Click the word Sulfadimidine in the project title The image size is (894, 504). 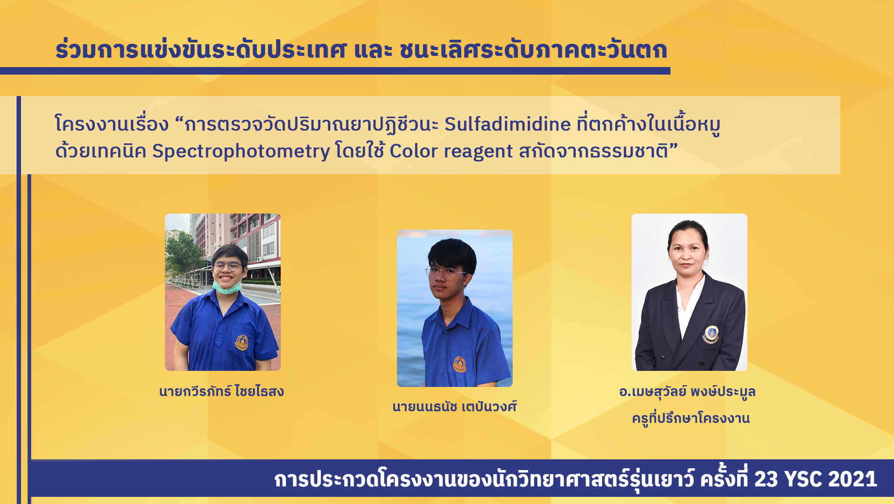[x=507, y=124]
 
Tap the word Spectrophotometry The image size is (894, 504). [x=241, y=152]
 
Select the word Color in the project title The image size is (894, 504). [x=413, y=151]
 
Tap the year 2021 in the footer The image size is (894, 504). [x=852, y=479]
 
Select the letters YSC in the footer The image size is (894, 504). [x=803, y=479]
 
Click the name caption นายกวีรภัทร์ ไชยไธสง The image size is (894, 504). [x=222, y=391]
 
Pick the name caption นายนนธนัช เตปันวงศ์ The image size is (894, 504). [x=455, y=407]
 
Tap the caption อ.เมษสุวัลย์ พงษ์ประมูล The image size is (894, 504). [x=687, y=392]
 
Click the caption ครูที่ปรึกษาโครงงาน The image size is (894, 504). [x=691, y=418]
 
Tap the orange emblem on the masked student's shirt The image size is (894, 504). [x=241, y=343]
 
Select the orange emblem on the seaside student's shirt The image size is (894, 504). [x=460, y=364]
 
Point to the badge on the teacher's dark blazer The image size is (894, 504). [x=711, y=334]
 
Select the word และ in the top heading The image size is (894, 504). [x=373, y=50]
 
